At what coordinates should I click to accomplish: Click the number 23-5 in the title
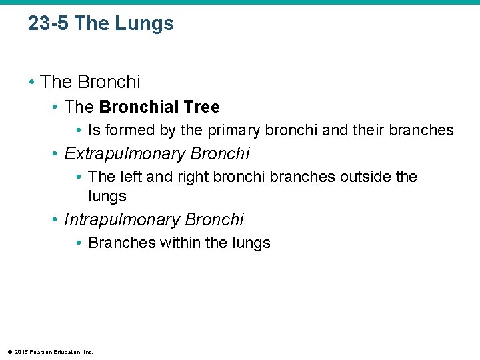point(49,24)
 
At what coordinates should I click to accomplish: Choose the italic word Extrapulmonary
point(125,154)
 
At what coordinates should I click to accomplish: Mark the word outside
point(366,177)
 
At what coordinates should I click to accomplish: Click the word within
point(180,243)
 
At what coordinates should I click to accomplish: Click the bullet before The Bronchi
point(32,82)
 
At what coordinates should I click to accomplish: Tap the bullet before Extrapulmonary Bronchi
point(56,154)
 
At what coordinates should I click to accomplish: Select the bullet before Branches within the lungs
point(79,243)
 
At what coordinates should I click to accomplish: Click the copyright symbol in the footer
point(9,351)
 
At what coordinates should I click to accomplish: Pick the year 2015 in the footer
point(20,351)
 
